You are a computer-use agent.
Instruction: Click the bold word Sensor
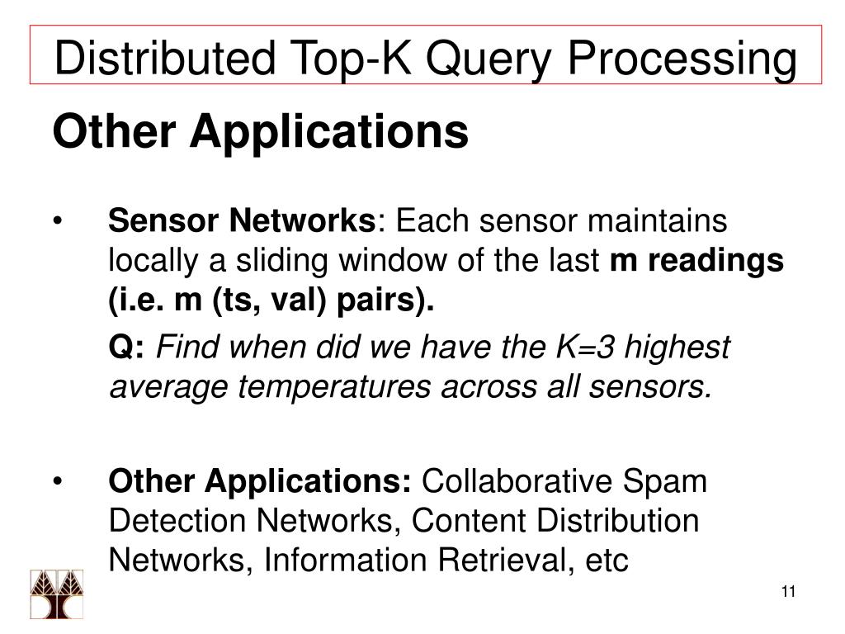[x=156, y=221]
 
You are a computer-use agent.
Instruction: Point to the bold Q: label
[x=128, y=348]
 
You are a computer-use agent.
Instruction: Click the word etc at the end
[x=606, y=561]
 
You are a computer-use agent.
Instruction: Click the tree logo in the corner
[x=57, y=594]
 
